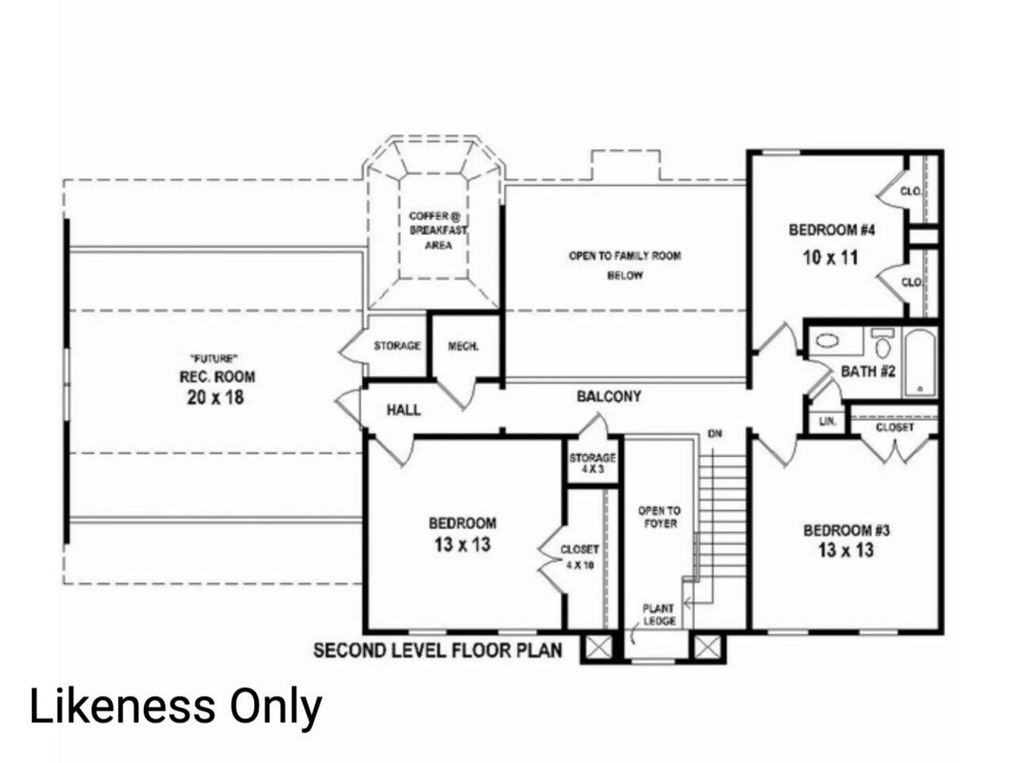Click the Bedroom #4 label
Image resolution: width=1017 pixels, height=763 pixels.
point(832,230)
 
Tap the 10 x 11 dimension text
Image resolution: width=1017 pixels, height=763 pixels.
point(830,258)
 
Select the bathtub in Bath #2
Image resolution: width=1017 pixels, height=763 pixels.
point(920,362)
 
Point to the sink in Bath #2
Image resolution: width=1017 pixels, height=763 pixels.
point(827,340)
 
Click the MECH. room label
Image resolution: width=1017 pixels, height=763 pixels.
point(463,347)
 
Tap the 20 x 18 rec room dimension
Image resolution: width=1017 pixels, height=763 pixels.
point(215,397)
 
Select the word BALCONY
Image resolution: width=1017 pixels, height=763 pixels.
point(609,396)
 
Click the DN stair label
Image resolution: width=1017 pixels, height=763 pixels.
point(715,434)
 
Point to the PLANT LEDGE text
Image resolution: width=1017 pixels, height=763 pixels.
point(658,615)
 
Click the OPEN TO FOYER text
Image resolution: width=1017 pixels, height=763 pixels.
point(659,517)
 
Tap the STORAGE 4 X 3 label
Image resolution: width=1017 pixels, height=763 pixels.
point(592,463)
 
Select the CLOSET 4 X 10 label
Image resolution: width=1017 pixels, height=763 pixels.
point(580,556)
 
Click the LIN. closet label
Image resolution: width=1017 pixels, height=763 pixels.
point(827,422)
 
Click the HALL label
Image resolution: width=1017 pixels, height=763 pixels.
point(403,410)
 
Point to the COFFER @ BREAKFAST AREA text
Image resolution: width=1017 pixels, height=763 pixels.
point(438,230)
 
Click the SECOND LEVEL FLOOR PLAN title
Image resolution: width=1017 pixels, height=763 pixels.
point(438,651)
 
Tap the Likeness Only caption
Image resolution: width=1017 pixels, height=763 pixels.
point(175,707)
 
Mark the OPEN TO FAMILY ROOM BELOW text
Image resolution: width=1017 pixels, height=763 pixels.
point(625,265)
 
